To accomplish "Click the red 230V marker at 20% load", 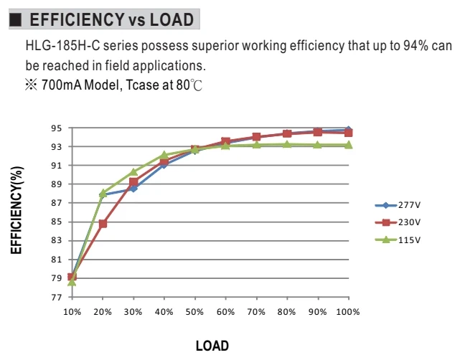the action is click(103, 224).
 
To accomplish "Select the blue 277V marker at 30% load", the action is click(133, 189).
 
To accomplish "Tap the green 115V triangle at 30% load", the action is click(133, 172).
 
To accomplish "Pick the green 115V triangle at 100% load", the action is click(348, 145).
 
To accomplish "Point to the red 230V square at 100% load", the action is click(348, 133).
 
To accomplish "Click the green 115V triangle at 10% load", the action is click(72, 282).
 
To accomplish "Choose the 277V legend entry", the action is click(398, 205).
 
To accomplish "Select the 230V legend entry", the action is click(398, 222).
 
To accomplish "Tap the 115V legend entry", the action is click(398, 240).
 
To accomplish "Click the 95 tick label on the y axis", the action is click(57, 128).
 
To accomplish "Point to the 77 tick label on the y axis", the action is click(57, 298).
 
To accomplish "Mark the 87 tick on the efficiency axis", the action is click(57, 203).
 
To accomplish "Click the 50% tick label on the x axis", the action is click(194, 312).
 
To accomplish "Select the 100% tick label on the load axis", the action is click(348, 312).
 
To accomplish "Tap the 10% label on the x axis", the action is click(72, 312).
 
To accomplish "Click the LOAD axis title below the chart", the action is click(212, 346).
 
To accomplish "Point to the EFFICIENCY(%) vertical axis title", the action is click(17, 210).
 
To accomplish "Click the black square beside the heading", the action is click(16, 20).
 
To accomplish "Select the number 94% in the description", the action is click(416, 46).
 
